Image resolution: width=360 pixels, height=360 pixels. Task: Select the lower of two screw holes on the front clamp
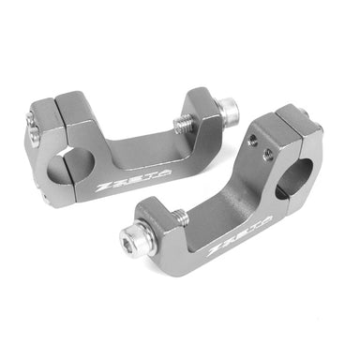pos(270,154)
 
